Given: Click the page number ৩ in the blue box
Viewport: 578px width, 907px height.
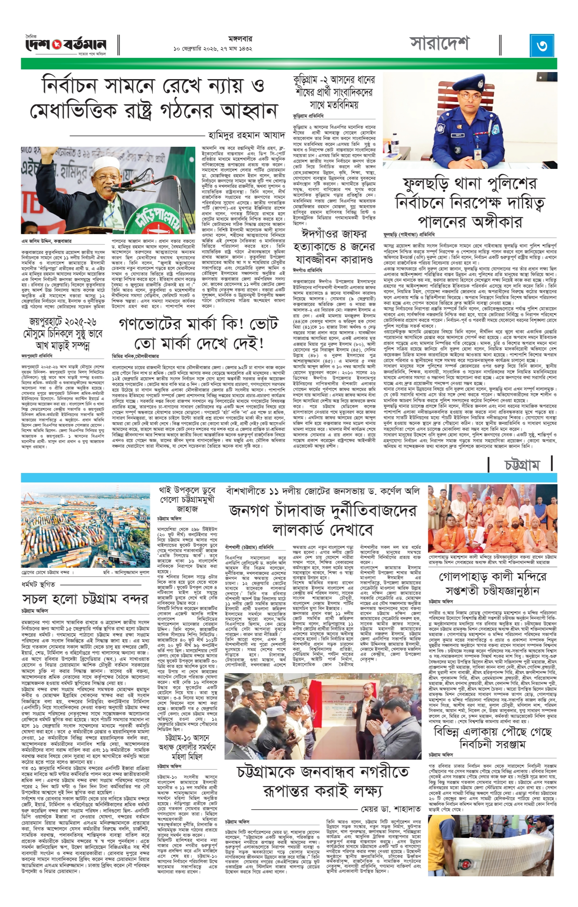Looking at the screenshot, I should pyautogui.click(x=542, y=45).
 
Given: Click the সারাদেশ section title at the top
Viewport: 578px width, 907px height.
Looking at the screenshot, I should pyautogui.click(x=440, y=44).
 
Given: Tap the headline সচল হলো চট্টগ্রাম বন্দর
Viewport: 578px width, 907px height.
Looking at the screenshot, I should pyautogui.click(x=85, y=599).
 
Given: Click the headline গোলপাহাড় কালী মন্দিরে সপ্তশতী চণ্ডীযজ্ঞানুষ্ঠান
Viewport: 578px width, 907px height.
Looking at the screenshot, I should pyautogui.click(x=492, y=583).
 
